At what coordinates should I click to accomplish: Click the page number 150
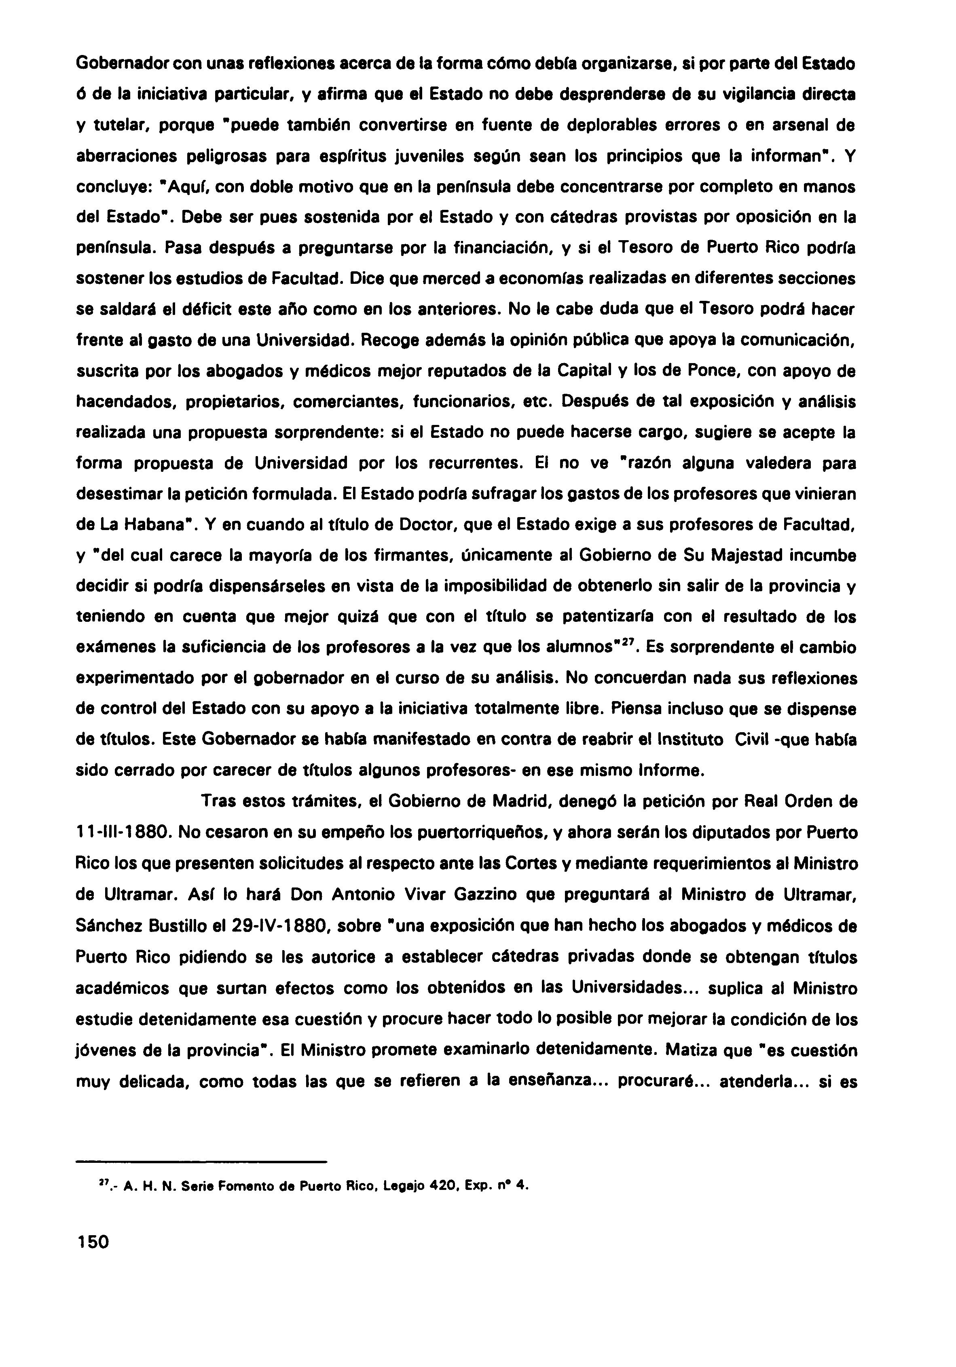click(x=93, y=1242)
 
